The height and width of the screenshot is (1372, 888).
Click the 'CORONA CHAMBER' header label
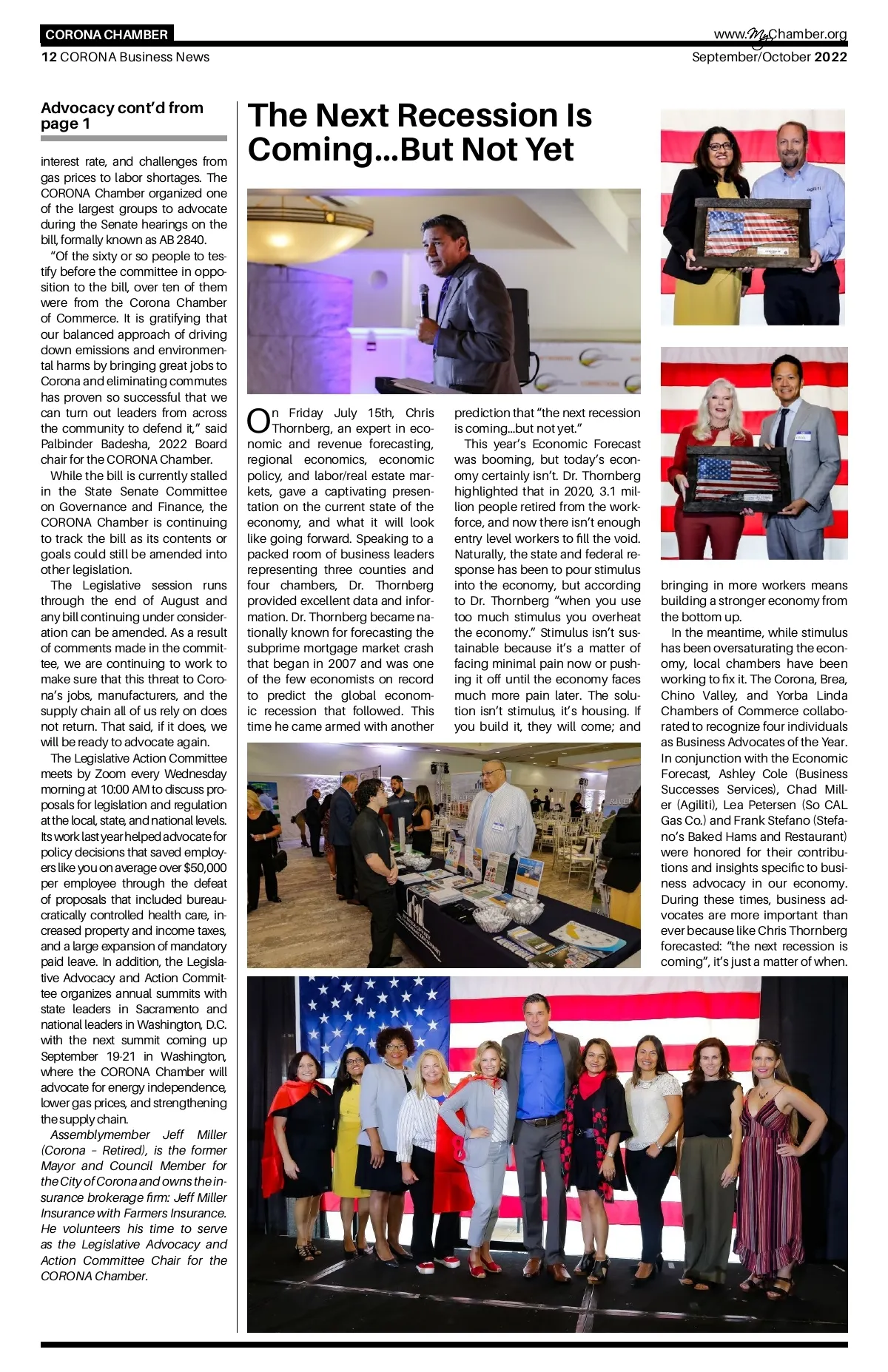(x=107, y=35)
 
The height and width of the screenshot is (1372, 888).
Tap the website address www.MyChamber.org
(x=780, y=34)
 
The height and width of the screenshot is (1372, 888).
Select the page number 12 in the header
(x=49, y=57)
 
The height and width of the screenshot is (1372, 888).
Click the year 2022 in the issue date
(x=830, y=57)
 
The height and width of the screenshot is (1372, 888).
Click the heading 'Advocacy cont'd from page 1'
(x=122, y=115)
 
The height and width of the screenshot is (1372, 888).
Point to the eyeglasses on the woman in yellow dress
(x=719, y=146)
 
